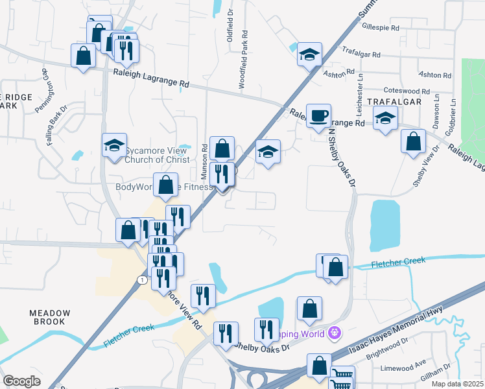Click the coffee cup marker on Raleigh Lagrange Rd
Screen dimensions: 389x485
coord(318,116)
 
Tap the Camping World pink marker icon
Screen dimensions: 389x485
coord(334,333)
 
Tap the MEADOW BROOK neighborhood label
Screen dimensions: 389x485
coord(47,317)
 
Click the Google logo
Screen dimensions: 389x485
coord(21,381)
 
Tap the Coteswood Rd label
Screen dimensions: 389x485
coord(407,91)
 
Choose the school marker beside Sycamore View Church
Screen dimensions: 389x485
coord(114,145)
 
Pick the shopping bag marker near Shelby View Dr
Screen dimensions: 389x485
coord(413,141)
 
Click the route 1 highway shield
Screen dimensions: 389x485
coord(141,279)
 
